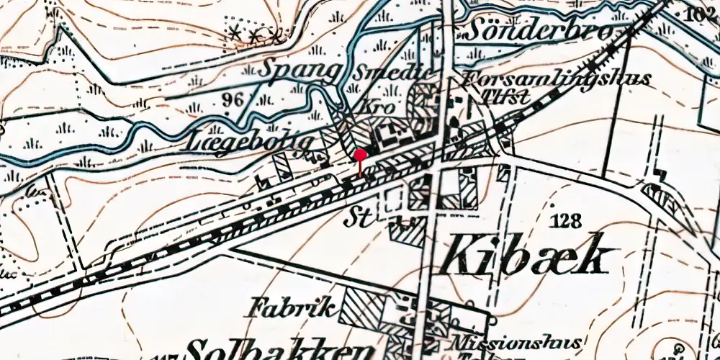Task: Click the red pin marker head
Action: pyautogui.click(x=360, y=154)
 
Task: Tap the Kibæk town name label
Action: pyautogui.click(x=530, y=256)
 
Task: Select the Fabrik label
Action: pyautogui.click(x=291, y=309)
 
